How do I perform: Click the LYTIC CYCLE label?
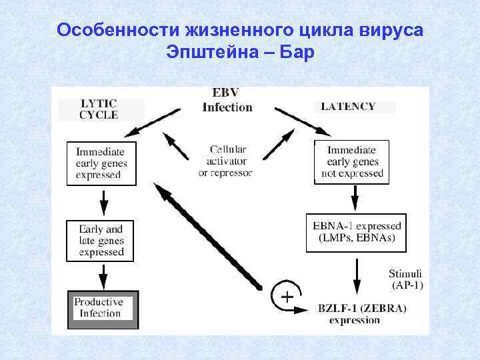pos(99,109)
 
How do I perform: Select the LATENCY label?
pos(348,106)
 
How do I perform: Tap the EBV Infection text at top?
pos(227,101)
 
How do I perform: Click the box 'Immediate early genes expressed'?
pos(101,163)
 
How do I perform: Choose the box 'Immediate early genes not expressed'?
pos(352,162)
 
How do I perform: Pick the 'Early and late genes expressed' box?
pos(101,240)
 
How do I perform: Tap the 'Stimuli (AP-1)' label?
pos(405,279)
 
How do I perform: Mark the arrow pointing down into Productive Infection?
pos(103,275)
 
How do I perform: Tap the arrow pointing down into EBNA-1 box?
pos(355,198)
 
